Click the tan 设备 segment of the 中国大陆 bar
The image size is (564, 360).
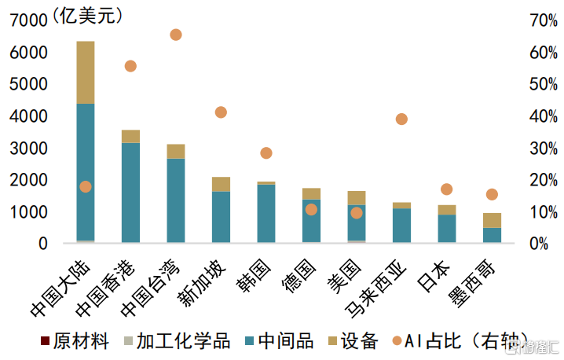click(86, 72)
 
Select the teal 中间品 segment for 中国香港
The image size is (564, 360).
click(130, 193)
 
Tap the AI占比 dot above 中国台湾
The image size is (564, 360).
click(175, 35)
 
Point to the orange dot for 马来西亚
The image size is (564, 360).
click(401, 119)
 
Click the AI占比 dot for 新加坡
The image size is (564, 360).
click(221, 112)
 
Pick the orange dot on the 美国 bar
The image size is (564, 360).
click(357, 213)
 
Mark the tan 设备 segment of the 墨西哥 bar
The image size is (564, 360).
click(492, 220)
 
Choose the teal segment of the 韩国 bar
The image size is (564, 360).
click(266, 214)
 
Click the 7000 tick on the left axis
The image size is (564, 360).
click(28, 20)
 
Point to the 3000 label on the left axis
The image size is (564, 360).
click(28, 149)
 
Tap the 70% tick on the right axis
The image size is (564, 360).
click(544, 20)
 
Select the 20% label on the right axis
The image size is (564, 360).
click(544, 180)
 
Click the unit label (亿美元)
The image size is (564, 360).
click(88, 17)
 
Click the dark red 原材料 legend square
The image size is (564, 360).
click(45, 340)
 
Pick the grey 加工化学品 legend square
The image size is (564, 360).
click(128, 340)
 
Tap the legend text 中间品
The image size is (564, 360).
click(286, 340)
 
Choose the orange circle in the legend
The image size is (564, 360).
click(397, 340)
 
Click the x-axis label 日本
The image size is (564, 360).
click(434, 276)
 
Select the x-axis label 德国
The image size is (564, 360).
click(298, 276)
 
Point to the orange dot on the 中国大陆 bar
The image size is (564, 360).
click(86, 187)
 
